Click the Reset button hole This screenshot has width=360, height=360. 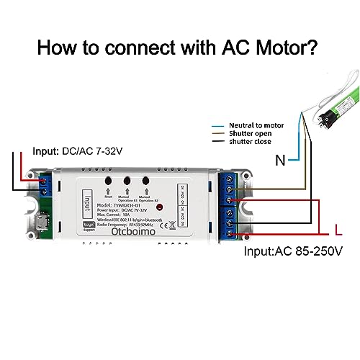pyautogui.click(x=108, y=180)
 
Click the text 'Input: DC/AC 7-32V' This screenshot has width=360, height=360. pyautogui.click(x=74, y=152)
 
